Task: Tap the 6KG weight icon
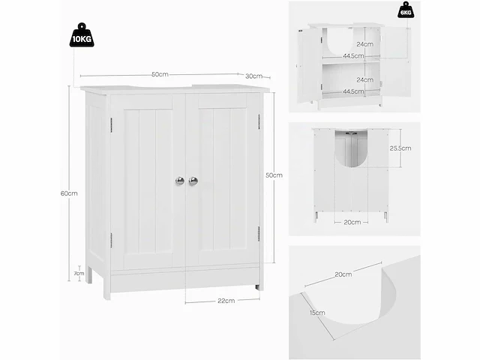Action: pyautogui.click(x=406, y=10)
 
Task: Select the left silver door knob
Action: pyautogui.click(x=180, y=181)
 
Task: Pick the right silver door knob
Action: pyautogui.click(x=193, y=181)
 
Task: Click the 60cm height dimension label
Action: pyautogui.click(x=69, y=193)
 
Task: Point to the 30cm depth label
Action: pyautogui.click(x=253, y=76)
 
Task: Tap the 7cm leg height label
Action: pyautogui.click(x=79, y=273)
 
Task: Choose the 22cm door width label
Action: pyautogui.click(x=226, y=301)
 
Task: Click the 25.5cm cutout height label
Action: pyautogui.click(x=400, y=148)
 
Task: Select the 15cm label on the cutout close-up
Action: pyautogui.click(x=317, y=313)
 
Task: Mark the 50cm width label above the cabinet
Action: pyautogui.click(x=160, y=74)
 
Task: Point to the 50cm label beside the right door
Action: pyautogui.click(x=274, y=175)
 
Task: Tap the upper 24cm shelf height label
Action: pyautogui.click(x=365, y=44)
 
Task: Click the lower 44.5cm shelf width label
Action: pyautogui.click(x=353, y=91)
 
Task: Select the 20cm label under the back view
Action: pyautogui.click(x=352, y=222)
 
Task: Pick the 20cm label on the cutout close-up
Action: pyautogui.click(x=343, y=274)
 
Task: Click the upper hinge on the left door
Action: pyautogui.click(x=112, y=125)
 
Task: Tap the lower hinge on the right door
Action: pyautogui.click(x=259, y=234)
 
